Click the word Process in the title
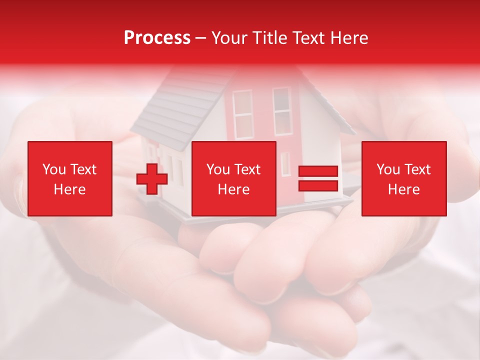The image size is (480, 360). point(157,38)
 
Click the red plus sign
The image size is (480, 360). point(152,179)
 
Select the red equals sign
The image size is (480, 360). point(318,179)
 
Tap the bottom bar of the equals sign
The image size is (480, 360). point(318,185)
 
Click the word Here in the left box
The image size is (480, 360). point(70,189)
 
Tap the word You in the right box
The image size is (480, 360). point(388,169)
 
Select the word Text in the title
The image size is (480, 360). point(307,38)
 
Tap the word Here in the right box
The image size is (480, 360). point(404,189)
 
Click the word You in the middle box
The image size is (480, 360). point(218,169)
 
